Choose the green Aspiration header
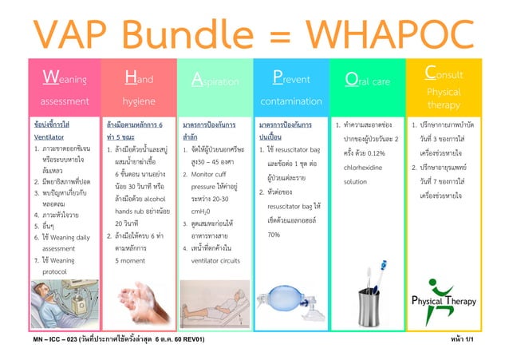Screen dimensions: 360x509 215,89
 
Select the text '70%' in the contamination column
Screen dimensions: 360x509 274,235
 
